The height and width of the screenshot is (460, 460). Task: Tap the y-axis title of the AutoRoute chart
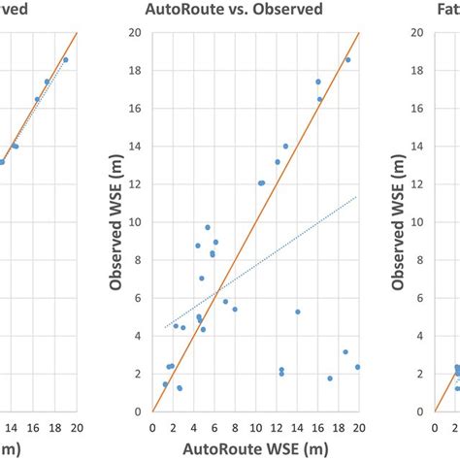click(x=115, y=221)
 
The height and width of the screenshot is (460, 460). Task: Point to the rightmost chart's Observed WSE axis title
click(x=398, y=221)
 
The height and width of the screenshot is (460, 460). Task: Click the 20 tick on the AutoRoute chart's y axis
click(x=139, y=33)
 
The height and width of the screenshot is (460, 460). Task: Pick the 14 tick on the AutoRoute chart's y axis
click(x=139, y=147)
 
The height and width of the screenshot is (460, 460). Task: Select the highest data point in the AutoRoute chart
click(x=347, y=60)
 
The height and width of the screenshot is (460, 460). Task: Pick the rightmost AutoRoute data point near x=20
click(x=357, y=367)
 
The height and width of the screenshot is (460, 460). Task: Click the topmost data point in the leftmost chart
click(x=65, y=60)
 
